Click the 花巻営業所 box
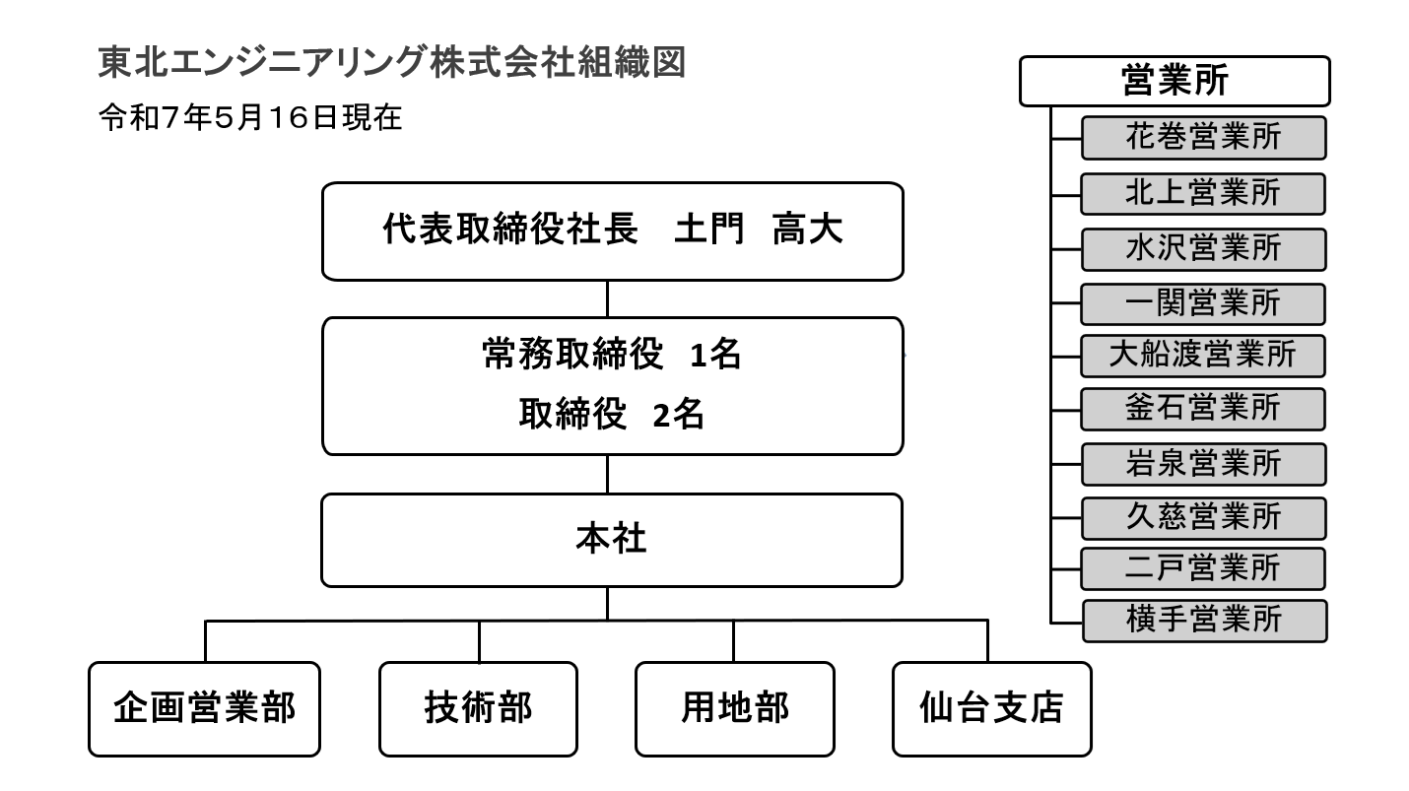[1203, 138]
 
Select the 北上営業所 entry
[1203, 193]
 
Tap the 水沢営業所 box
[1203, 248]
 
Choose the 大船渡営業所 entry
[1203, 356]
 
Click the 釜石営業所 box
[1203, 408]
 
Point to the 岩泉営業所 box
[1203, 463]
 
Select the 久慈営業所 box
[1203, 515]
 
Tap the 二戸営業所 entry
[1203, 568]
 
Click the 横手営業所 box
[1203, 620]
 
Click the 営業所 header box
[1174, 81]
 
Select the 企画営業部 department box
[205, 708]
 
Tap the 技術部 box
[479, 708]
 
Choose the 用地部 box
[734, 708]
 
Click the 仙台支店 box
[991, 708]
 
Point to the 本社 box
[612, 540]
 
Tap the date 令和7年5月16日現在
[250, 119]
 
